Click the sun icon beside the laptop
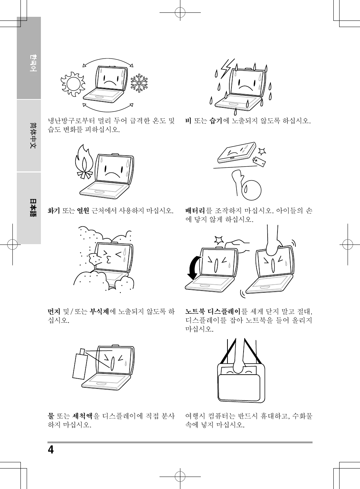(73, 84)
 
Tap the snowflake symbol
(139, 83)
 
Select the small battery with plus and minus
(259, 161)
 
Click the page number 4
(51, 450)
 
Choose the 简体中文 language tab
(29, 136)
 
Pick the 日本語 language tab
(29, 208)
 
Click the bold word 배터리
(195, 211)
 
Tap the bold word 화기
(54, 211)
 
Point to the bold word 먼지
(54, 311)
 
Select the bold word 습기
(215, 121)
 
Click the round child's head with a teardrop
(252, 190)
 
